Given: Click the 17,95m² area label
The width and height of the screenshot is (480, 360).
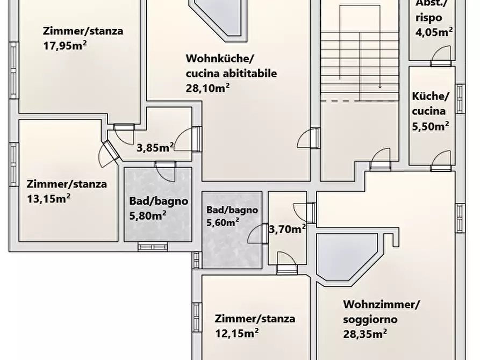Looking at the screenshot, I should tap(65, 45).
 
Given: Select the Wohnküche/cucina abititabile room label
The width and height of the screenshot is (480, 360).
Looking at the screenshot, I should tap(231, 66).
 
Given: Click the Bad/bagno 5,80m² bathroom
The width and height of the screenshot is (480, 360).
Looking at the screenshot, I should tap(158, 208).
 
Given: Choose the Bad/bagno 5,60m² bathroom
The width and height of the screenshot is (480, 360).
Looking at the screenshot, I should tap(232, 215).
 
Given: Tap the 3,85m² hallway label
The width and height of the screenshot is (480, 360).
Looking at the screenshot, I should tap(155, 147).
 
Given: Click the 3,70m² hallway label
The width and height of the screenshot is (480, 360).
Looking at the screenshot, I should tap(286, 229).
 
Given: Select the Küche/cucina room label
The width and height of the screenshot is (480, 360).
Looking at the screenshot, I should tap(429, 104).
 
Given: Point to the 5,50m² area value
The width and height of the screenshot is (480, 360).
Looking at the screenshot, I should tap(431, 126).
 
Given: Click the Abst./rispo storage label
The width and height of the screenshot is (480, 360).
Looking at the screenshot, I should tap(431, 11).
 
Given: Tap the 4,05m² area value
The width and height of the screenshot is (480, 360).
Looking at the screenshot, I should tap(433, 32).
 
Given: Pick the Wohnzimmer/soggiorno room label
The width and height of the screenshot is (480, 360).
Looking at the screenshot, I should tap(381, 312).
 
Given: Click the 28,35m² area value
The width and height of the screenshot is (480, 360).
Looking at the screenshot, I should tap(366, 334).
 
